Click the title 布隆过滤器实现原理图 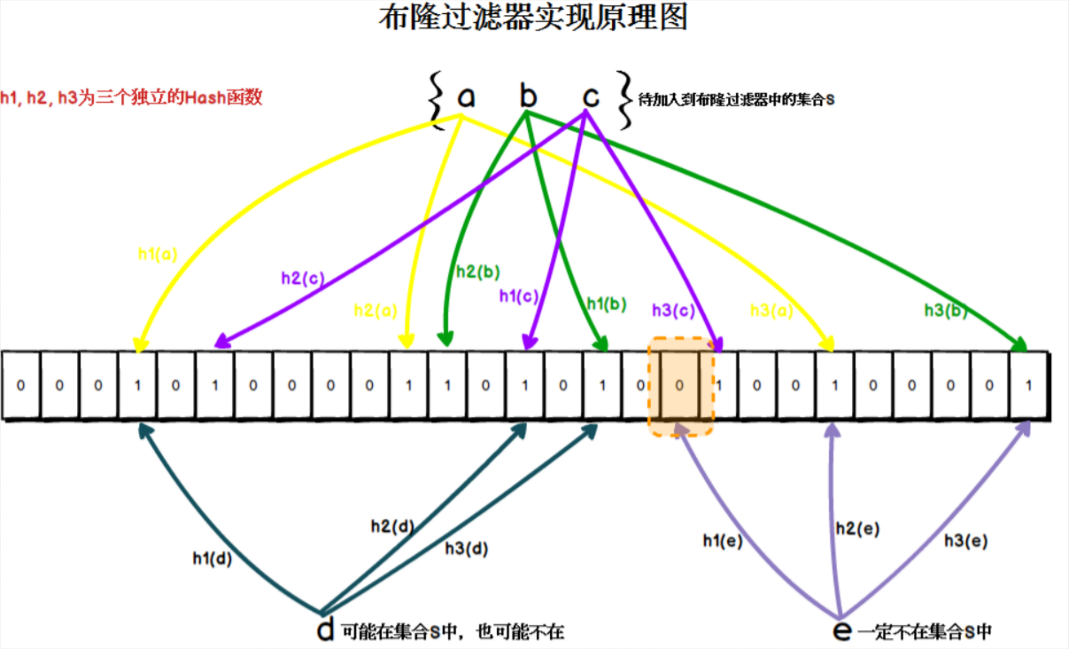(533, 18)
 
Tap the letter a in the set (466, 97)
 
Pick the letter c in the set (590, 97)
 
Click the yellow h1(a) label (158, 254)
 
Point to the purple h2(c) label (303, 278)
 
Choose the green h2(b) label (478, 272)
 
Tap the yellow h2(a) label (375, 311)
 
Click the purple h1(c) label (519, 296)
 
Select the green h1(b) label (606, 304)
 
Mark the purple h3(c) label (673, 311)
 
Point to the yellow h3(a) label (771, 311)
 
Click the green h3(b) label (946, 311)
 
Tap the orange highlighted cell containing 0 (679, 385)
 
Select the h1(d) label (212, 558)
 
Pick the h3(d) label (466, 549)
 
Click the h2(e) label (857, 528)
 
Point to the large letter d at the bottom (326, 630)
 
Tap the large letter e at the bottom (842, 631)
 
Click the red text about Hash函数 (131, 98)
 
